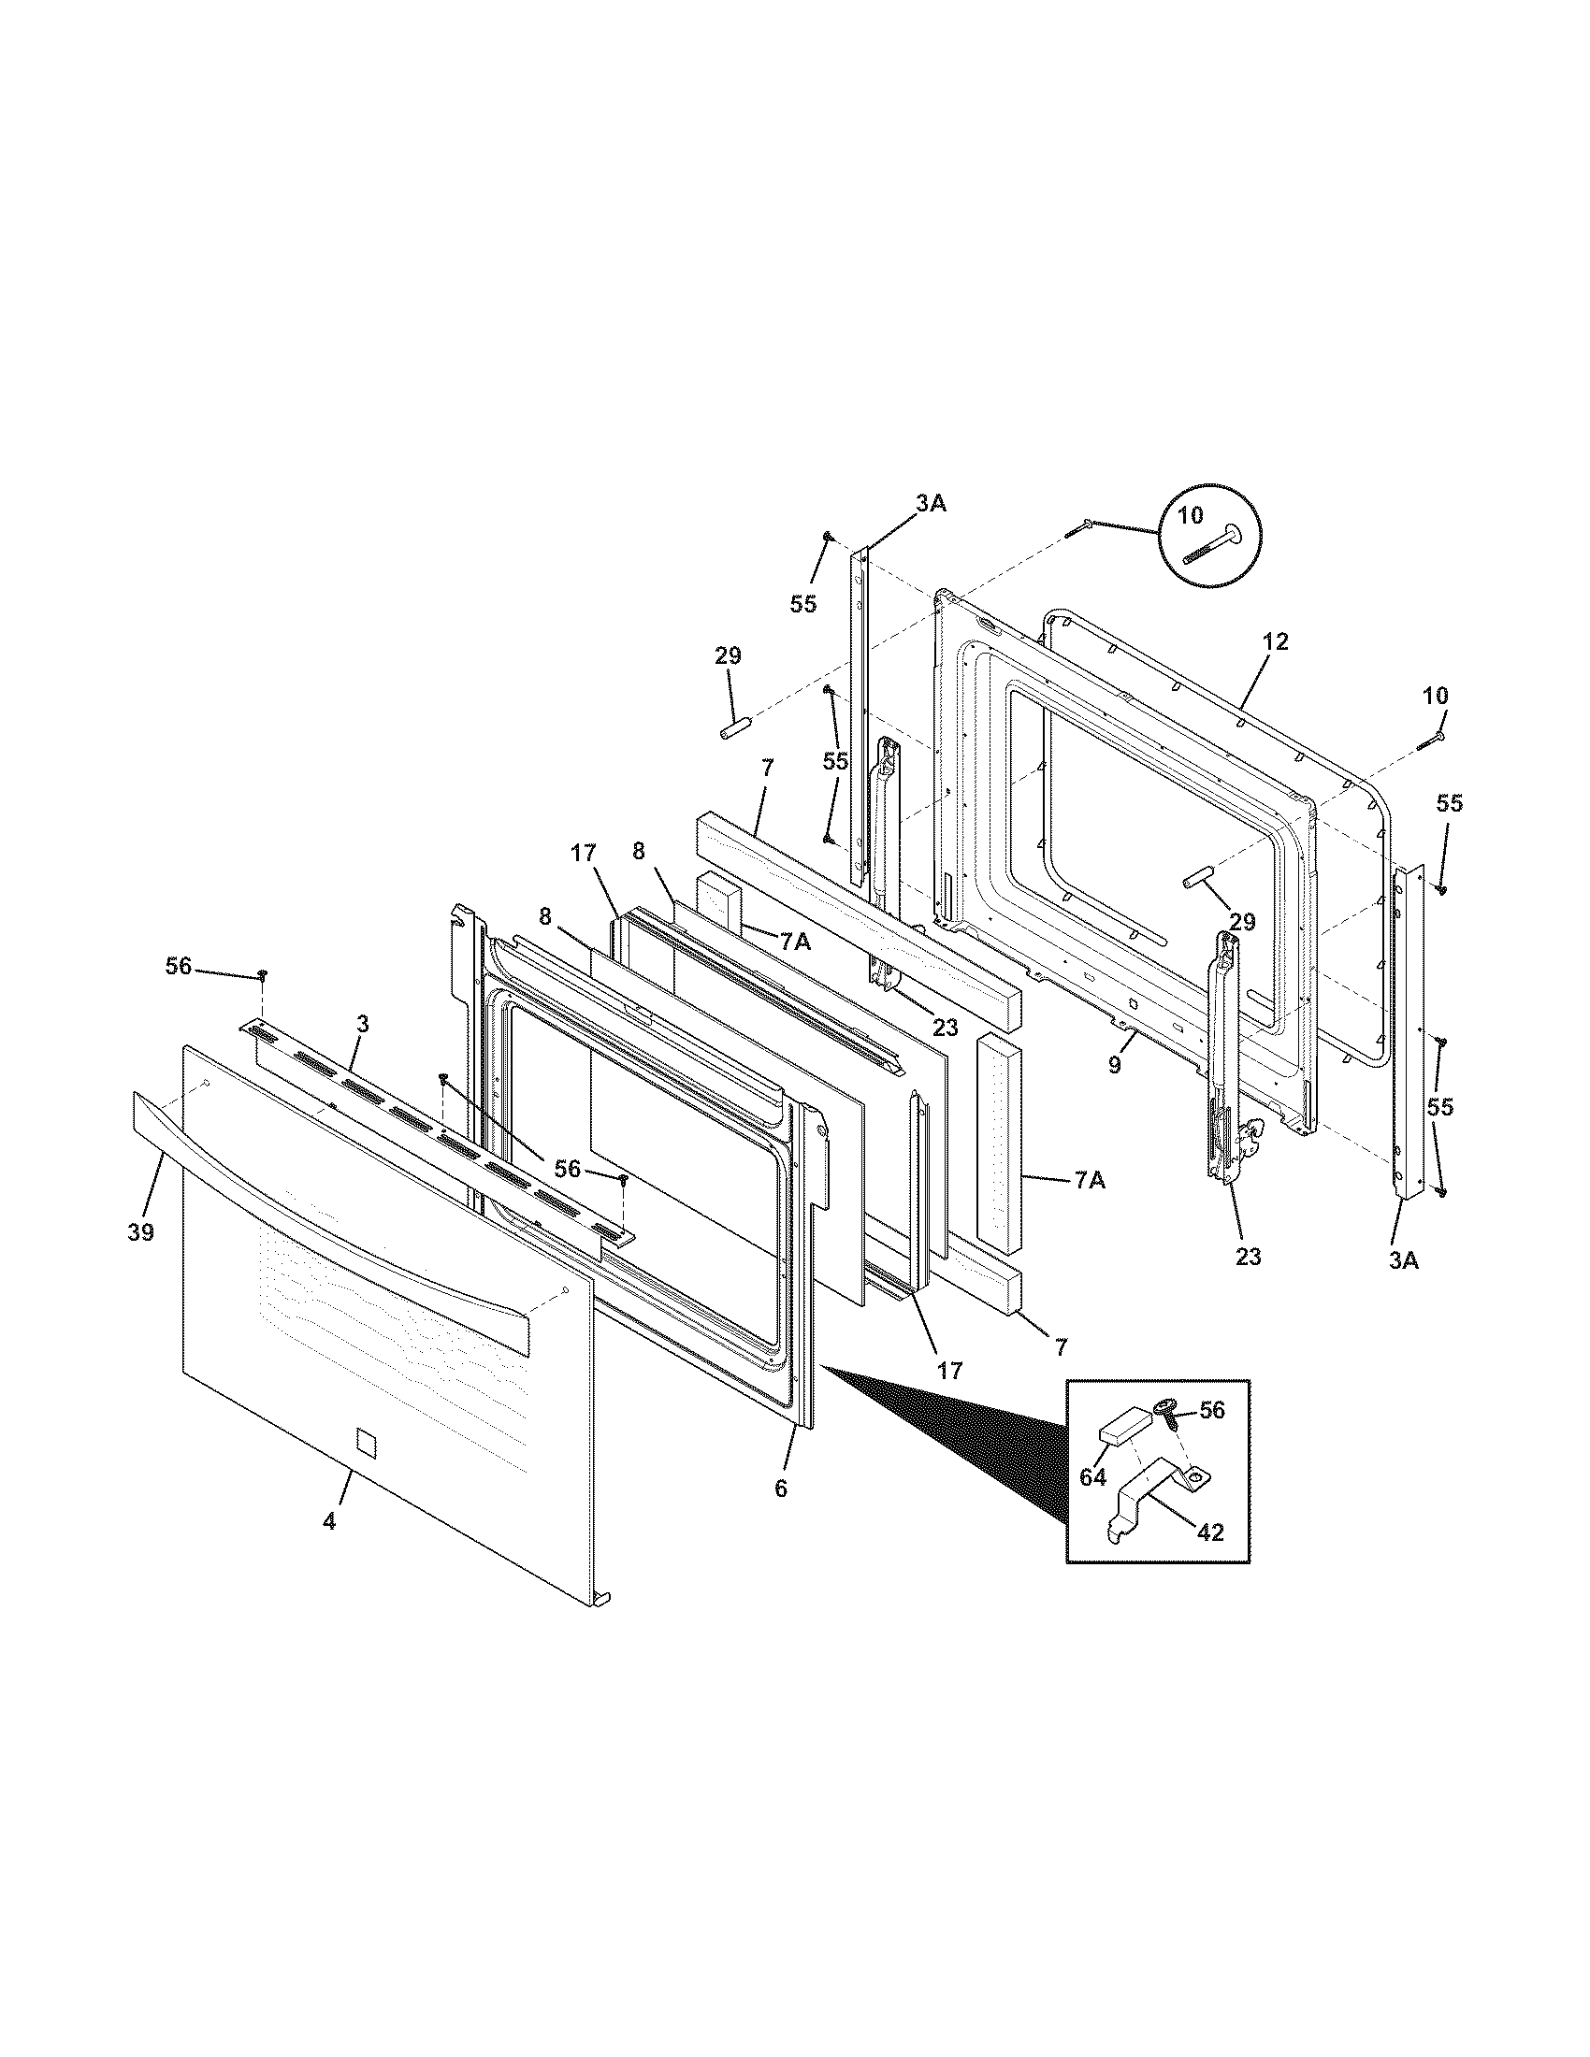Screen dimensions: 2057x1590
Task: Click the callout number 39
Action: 141,1232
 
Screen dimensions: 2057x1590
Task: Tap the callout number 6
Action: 781,1489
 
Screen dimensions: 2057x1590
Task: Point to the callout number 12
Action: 1276,642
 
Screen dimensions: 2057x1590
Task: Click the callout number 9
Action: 1115,1066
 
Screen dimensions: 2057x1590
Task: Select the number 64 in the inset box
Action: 1092,1476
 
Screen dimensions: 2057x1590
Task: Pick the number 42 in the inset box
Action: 1210,1532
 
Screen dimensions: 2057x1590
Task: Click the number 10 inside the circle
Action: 1191,515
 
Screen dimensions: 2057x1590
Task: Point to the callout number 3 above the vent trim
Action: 363,1023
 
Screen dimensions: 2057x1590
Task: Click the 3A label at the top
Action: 931,504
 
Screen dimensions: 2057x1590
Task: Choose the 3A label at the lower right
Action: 1403,1260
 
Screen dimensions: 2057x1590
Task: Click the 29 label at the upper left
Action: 727,655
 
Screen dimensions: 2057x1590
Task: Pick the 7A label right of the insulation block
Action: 1090,1179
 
